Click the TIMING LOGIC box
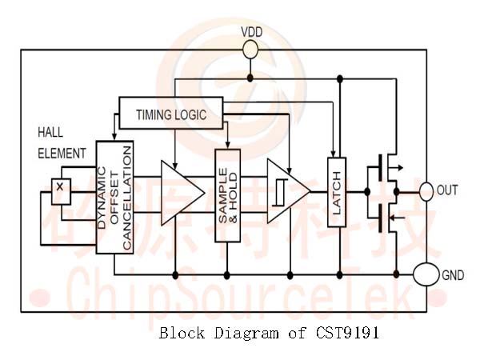click(x=170, y=114)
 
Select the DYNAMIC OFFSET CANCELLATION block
click(x=114, y=197)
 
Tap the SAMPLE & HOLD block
click(x=227, y=195)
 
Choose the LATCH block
click(x=337, y=191)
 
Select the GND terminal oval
click(x=426, y=275)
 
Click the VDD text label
click(x=252, y=32)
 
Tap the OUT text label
click(x=449, y=191)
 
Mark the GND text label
click(x=453, y=275)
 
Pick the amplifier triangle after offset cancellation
click(x=180, y=193)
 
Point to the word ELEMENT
click(x=62, y=153)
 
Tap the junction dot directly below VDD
click(x=250, y=78)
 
